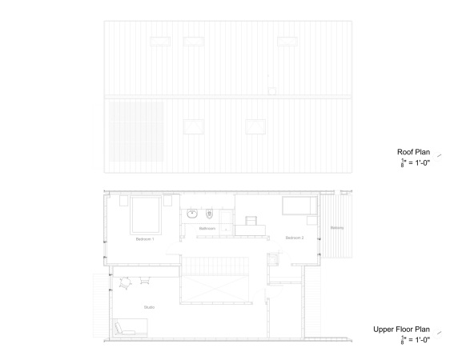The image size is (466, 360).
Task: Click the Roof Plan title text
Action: [413, 151]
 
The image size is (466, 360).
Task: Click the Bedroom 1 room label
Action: [144, 238]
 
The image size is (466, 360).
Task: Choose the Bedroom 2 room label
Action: [294, 237]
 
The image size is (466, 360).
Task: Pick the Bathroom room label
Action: [207, 229]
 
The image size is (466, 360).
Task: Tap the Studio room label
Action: [149, 306]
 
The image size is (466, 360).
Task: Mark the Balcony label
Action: [337, 228]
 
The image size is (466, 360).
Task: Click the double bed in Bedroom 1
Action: [146, 213]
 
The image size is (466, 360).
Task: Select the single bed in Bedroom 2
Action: [300, 206]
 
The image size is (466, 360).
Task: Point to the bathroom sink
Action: [192, 214]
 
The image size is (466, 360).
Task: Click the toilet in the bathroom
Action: [209, 213]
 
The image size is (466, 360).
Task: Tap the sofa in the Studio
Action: [130, 327]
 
